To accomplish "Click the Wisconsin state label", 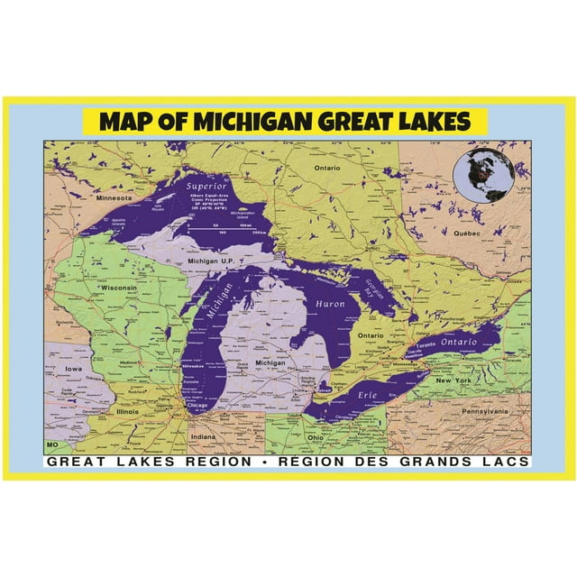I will coord(119,288).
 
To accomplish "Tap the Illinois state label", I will coord(127,411).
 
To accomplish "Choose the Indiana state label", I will coord(203,436).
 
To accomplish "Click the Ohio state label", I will coord(316,437).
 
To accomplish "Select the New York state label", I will coord(454,381).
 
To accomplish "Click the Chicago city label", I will coord(197,407).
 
